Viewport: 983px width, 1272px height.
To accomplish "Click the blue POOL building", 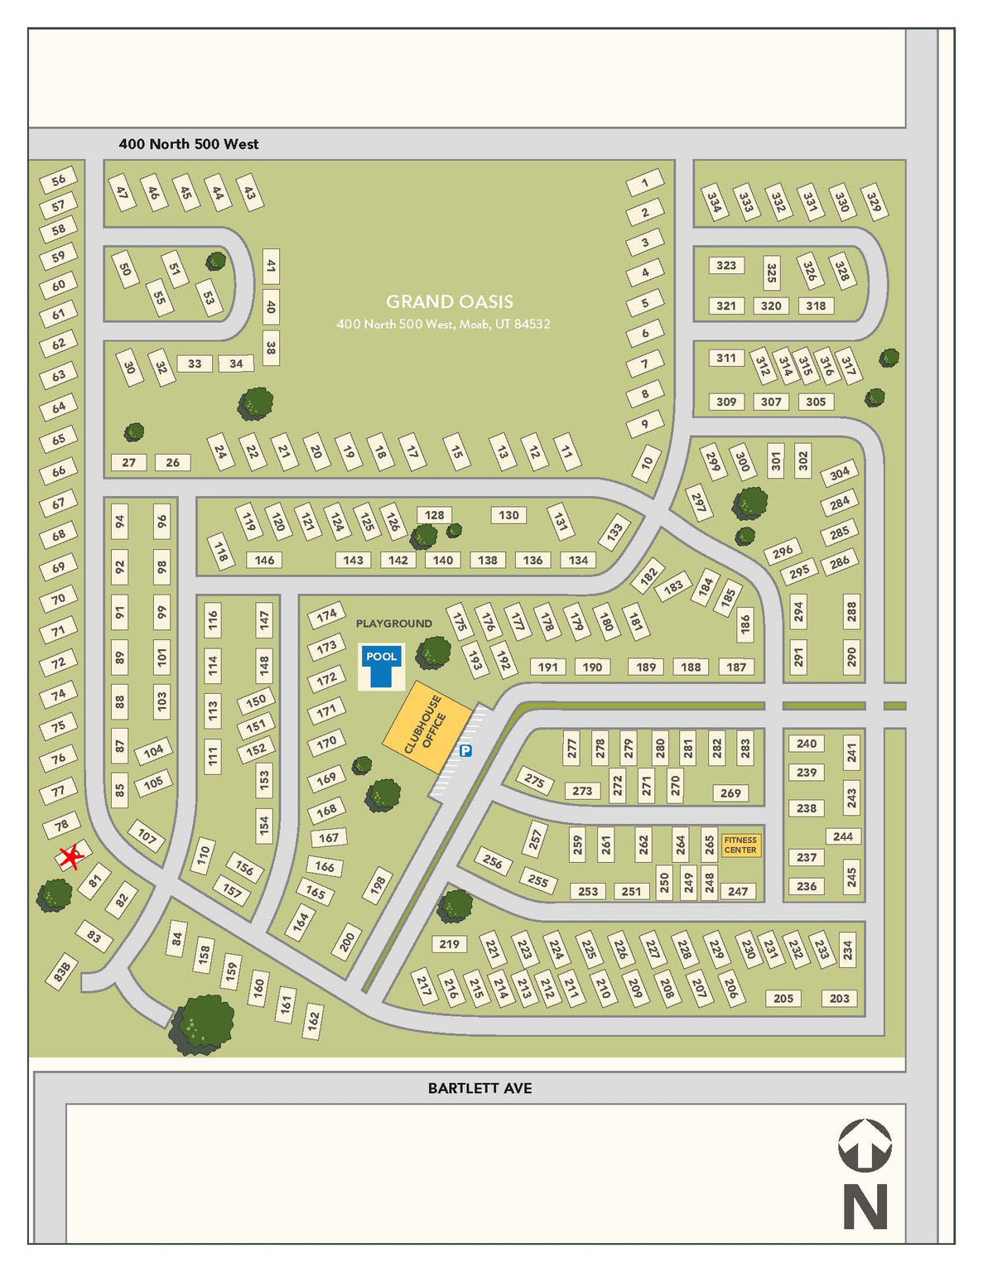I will tap(381, 666).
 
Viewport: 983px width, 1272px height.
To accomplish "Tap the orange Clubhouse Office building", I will tap(426, 727).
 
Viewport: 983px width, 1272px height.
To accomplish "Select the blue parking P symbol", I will tap(465, 751).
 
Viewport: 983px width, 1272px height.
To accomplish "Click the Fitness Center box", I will tap(740, 845).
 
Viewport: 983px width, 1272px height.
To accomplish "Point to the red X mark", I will tap(71, 857).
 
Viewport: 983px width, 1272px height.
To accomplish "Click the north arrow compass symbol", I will tap(865, 1144).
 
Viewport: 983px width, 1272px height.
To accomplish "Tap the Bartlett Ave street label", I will tap(479, 1088).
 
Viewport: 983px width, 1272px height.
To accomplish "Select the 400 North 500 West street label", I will tap(189, 144).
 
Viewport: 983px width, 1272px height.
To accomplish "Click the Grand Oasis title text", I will tap(450, 301).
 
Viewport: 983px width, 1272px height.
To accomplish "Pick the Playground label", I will tap(394, 624).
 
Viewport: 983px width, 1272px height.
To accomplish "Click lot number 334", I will tap(714, 202).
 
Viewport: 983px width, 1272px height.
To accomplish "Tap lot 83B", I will tap(62, 972).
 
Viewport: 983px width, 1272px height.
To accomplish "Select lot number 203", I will tap(839, 998).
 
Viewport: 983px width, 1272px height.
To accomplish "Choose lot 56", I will tap(58, 180).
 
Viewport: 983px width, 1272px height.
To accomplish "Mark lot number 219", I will tap(449, 944).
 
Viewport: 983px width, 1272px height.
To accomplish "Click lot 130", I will tap(508, 515).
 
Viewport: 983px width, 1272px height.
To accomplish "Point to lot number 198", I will tap(378, 886).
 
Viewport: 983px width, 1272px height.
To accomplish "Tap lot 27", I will tap(128, 462).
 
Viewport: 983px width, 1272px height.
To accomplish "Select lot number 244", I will tap(843, 836).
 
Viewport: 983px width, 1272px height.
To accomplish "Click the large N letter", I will tap(865, 1206).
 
